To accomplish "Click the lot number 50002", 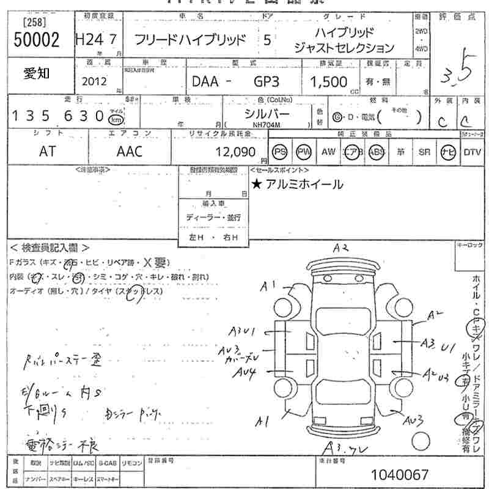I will (x=36, y=40).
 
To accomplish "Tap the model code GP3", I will (x=266, y=81).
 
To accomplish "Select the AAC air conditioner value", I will (x=129, y=152).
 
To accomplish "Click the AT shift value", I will (x=47, y=152).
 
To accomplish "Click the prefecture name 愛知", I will (x=37, y=74).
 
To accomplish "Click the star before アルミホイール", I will (x=257, y=184).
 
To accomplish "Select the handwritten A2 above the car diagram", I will (x=340, y=248).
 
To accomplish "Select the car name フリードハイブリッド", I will (x=190, y=40).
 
